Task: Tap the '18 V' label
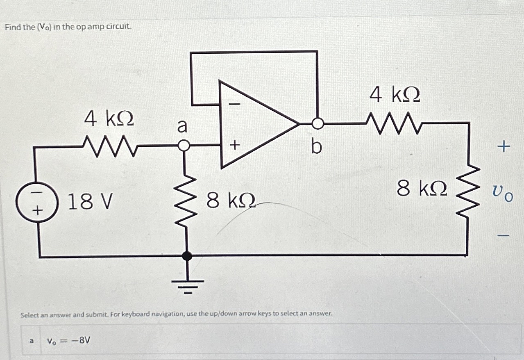90,202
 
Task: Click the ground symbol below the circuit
188,285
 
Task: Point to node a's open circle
185,145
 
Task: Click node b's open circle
318,123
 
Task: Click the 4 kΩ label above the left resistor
109,119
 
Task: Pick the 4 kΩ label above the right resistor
395,95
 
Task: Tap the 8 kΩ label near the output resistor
422,189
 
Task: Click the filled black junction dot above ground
188,256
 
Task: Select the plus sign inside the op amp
235,145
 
